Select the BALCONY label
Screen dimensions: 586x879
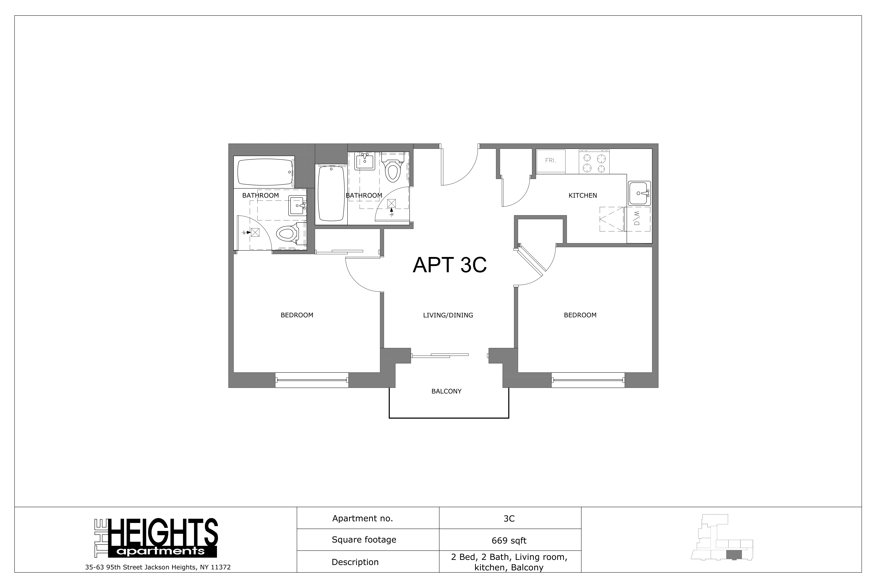pyautogui.click(x=446, y=391)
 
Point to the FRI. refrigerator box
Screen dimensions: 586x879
pyautogui.click(x=550, y=161)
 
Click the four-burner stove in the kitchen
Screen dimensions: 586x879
pyautogui.click(x=594, y=162)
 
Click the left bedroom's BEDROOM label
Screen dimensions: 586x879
pyautogui.click(x=297, y=315)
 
